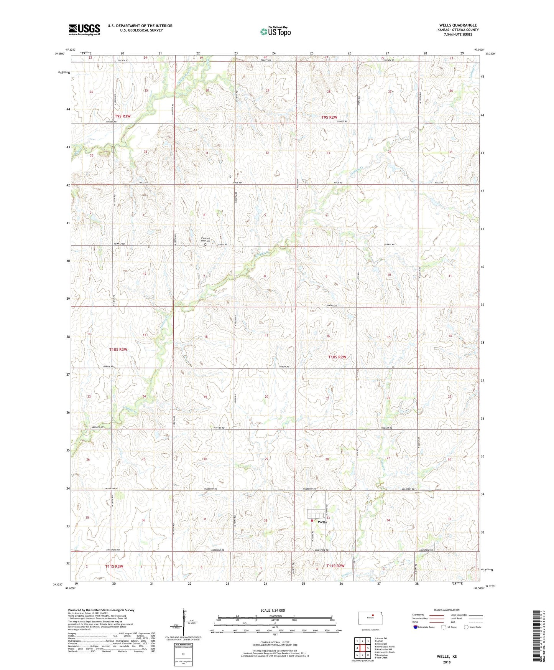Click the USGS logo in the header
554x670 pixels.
pyautogui.click(x=84, y=30)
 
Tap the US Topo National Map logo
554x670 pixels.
pyautogui.click(x=275, y=31)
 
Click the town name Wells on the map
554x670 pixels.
pyautogui.click(x=322, y=522)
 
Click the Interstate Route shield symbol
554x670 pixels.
pyautogui.click(x=416, y=627)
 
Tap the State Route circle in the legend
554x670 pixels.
pyautogui.click(x=466, y=627)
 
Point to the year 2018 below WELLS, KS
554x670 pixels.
pyautogui.click(x=447, y=662)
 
